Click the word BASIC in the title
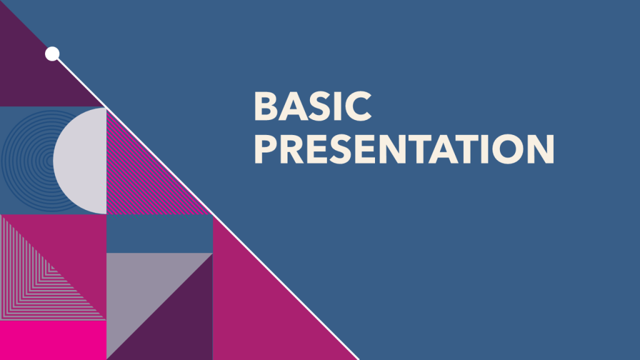click(x=312, y=107)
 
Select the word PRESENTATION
click(x=404, y=150)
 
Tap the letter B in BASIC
click(x=266, y=107)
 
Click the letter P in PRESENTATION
click(x=266, y=150)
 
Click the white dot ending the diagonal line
click(x=52, y=54)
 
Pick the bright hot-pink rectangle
click(x=53, y=341)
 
